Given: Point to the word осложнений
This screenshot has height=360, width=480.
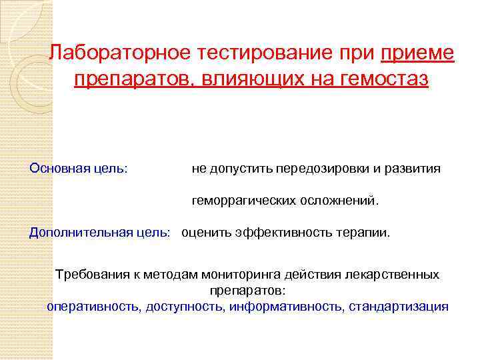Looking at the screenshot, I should pyautogui.click(x=339, y=200).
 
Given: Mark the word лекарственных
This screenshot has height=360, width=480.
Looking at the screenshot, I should pyautogui.click(x=399, y=275).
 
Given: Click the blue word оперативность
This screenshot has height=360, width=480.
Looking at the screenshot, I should pyautogui.click(x=93, y=307).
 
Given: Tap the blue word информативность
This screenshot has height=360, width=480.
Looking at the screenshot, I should pyautogui.click(x=287, y=307).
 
